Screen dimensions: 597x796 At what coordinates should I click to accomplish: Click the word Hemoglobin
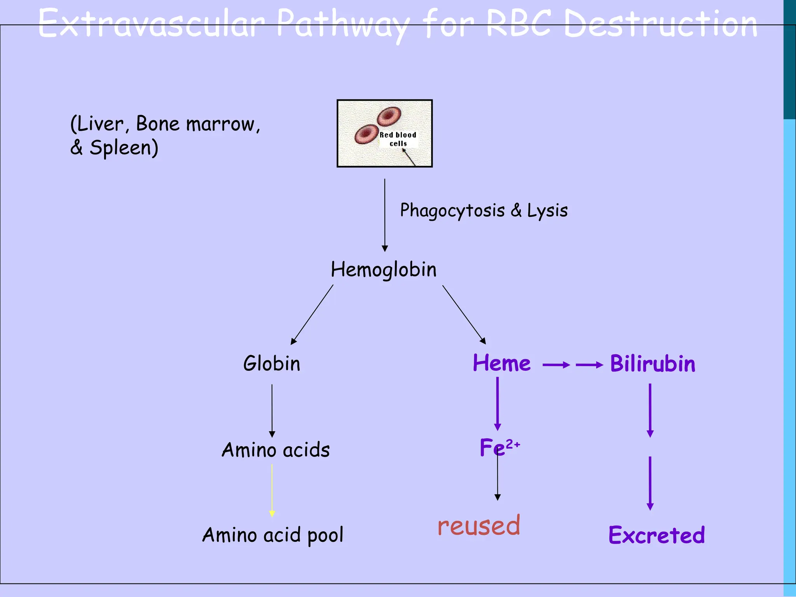(384, 269)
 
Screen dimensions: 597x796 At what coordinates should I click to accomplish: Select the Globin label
(272, 364)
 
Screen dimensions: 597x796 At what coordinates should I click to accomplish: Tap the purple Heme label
(501, 363)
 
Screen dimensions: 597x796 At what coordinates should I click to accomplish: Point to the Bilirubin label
(653, 364)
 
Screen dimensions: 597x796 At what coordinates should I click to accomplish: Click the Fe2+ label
(499, 447)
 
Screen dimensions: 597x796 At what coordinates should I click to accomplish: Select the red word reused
(478, 525)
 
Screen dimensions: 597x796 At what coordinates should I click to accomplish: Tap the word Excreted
(656, 535)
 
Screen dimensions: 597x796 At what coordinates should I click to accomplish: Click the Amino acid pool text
(272, 535)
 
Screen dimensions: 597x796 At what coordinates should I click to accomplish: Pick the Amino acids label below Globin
(276, 450)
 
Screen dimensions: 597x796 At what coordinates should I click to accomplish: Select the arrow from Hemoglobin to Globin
(312, 315)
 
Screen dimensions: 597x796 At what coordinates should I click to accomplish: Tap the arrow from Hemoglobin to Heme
(464, 314)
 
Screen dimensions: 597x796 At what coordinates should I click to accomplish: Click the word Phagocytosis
(452, 211)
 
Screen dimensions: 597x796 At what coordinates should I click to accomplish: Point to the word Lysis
(547, 210)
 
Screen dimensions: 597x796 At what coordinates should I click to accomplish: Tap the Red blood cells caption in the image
(398, 139)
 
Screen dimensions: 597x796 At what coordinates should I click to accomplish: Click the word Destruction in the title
(660, 24)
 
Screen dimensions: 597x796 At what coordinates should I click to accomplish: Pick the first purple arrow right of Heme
(556, 365)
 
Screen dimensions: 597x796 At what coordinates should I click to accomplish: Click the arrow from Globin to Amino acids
(272, 411)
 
